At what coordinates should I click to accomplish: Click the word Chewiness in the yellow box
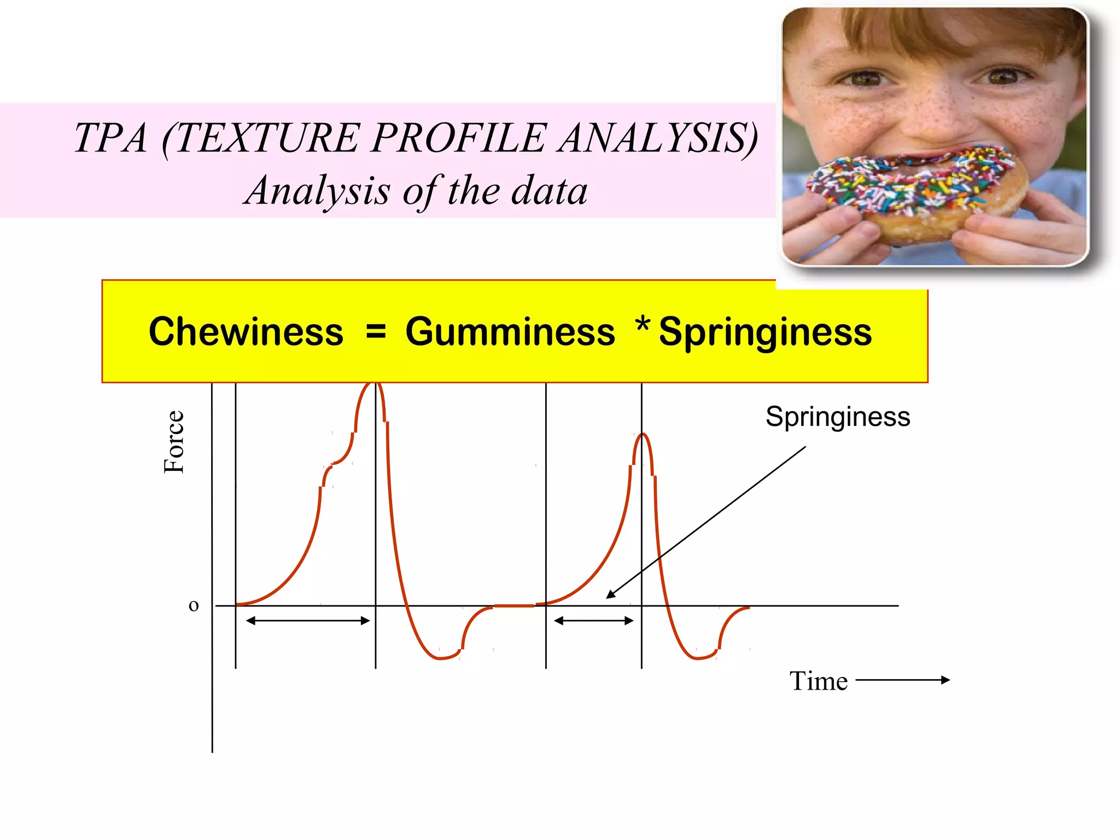click(246, 332)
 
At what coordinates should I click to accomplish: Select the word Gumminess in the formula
click(510, 332)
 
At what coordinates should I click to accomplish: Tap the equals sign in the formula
click(376, 331)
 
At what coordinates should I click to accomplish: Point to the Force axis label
click(174, 442)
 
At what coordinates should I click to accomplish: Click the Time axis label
click(818, 681)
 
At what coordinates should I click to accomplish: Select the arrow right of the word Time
click(902, 680)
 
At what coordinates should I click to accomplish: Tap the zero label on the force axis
click(194, 605)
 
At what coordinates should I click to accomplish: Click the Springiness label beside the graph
click(837, 417)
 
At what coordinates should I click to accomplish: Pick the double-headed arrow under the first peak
click(308, 621)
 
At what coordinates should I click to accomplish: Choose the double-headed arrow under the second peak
click(593, 621)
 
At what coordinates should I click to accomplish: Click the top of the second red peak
click(643, 434)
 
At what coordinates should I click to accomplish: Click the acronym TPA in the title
click(111, 137)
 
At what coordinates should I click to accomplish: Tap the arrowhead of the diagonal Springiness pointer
click(609, 597)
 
